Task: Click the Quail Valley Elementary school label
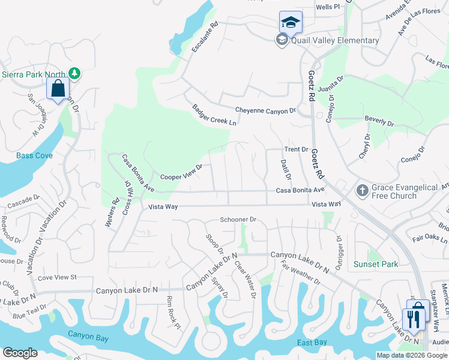335,40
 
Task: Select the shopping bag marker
58,89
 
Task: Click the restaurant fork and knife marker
413,318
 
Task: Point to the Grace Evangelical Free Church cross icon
362,190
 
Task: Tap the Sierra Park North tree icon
74,74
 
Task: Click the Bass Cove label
35,155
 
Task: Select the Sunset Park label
376,264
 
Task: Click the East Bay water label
312,342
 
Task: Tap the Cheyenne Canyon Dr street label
265,110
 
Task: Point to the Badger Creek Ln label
214,115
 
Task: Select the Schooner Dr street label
238,220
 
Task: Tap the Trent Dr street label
296,149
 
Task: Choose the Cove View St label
58,277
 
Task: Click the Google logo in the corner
20,353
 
